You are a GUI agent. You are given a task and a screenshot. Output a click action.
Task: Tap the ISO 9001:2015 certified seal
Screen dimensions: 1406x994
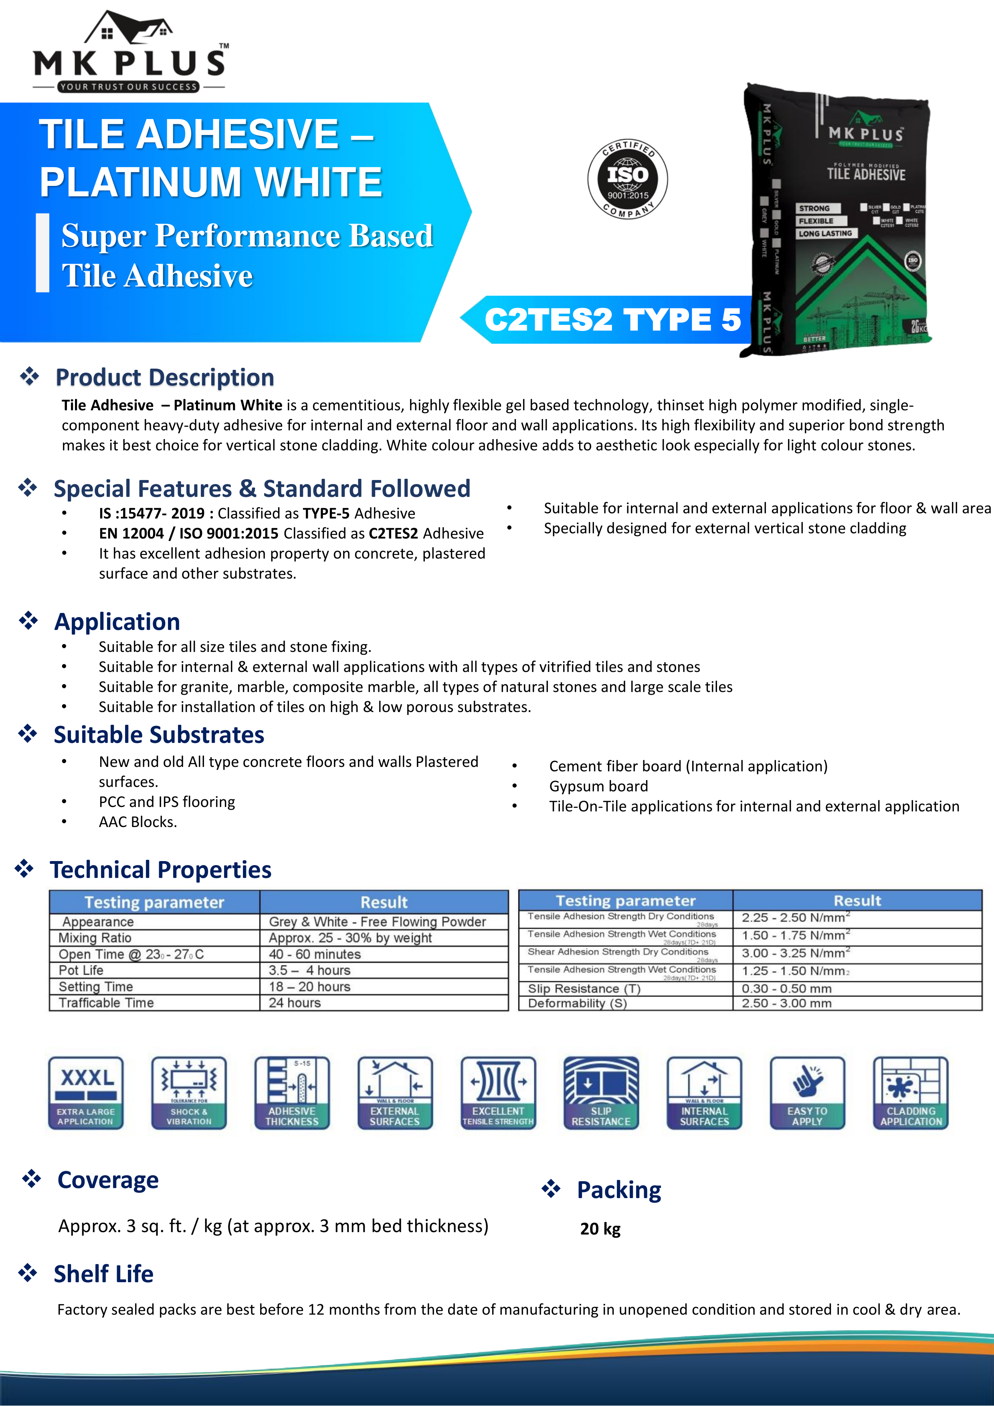click(x=627, y=179)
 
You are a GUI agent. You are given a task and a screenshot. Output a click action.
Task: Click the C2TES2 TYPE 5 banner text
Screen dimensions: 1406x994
click(x=612, y=320)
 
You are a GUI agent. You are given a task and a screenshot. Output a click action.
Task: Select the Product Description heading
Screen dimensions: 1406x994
click(x=165, y=377)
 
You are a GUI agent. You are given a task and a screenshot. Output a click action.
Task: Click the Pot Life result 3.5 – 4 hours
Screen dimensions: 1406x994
click(x=309, y=970)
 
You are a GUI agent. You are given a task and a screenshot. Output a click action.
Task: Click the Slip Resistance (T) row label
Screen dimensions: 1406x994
click(x=584, y=988)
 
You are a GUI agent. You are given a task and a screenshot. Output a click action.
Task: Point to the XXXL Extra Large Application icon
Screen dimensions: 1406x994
click(x=86, y=1093)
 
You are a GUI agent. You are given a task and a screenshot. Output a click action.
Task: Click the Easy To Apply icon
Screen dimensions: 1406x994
click(x=807, y=1093)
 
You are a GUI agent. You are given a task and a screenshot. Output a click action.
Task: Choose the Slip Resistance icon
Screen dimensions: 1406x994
click(x=601, y=1093)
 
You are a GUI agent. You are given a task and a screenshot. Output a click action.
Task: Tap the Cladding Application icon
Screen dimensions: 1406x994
click(x=911, y=1093)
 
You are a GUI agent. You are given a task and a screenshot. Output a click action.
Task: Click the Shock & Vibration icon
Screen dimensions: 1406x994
click(x=189, y=1093)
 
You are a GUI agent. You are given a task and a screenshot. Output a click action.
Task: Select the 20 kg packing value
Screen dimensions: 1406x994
click(x=600, y=1228)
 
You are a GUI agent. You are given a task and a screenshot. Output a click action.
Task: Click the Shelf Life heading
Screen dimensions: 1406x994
click(x=103, y=1274)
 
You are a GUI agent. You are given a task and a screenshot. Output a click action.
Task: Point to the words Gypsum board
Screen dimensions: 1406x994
click(x=598, y=786)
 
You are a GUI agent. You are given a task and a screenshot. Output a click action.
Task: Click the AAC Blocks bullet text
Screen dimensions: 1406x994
click(x=138, y=822)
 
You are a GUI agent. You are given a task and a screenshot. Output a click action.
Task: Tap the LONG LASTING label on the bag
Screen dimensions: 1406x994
click(x=825, y=233)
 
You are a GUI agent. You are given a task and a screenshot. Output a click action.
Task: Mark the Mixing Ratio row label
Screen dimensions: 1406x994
click(x=95, y=938)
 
